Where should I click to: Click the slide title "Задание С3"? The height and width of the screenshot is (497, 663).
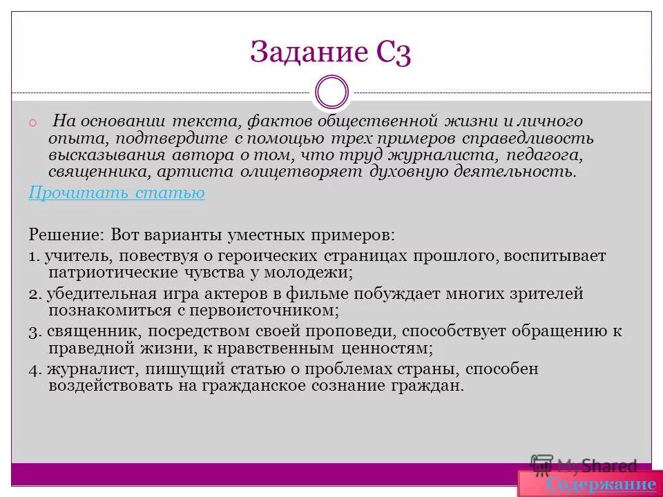click(331, 54)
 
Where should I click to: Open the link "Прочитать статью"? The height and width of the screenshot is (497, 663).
click(117, 193)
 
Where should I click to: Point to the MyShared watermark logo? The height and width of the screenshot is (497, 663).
click(584, 466)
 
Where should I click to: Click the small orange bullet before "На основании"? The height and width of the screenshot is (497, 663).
click(32, 124)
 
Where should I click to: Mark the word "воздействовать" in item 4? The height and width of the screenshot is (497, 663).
click(102, 385)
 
